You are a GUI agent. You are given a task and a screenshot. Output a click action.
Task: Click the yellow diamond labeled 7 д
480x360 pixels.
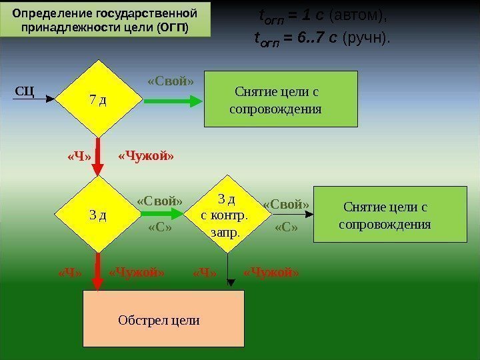click(x=99, y=100)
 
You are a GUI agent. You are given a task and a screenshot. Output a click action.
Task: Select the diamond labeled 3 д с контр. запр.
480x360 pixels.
click(x=228, y=215)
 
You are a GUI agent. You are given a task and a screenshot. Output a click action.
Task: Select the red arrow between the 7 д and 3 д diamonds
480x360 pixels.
click(x=99, y=157)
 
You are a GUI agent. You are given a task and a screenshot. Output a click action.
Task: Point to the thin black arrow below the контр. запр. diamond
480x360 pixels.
click(x=228, y=272)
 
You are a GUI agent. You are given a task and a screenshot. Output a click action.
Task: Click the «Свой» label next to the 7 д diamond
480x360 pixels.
click(x=170, y=82)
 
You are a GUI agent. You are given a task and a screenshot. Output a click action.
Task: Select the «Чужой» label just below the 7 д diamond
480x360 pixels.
click(x=146, y=157)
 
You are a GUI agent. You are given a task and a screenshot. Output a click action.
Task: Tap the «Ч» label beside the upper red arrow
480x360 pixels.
click(x=79, y=157)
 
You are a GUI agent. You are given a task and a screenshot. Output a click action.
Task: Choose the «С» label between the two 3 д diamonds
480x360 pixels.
click(x=159, y=228)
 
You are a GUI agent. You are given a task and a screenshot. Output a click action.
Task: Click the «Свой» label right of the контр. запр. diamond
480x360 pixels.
click(x=287, y=204)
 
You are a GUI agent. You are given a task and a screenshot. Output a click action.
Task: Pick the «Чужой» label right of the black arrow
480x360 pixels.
click(x=271, y=272)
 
